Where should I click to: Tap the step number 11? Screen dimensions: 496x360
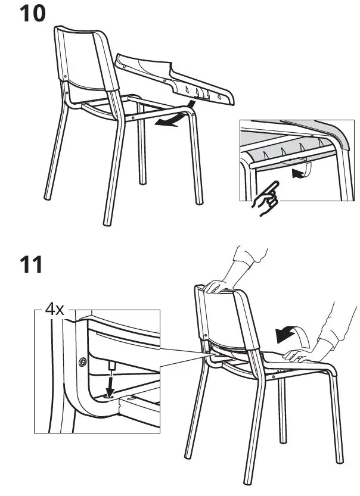point(31,264)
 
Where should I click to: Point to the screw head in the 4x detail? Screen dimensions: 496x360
point(82,361)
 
